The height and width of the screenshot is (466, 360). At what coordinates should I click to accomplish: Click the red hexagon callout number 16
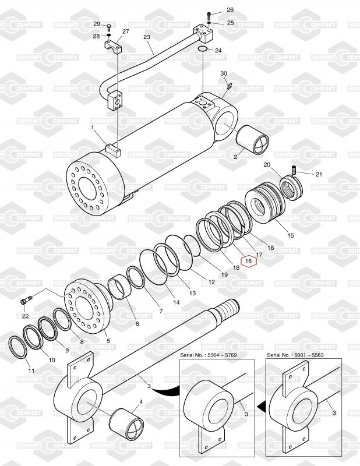[x=249, y=261]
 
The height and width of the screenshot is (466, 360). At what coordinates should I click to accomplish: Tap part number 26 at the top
[x=230, y=10]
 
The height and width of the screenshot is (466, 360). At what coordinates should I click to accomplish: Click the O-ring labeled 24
[x=203, y=48]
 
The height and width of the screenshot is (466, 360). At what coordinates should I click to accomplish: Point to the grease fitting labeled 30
[x=229, y=86]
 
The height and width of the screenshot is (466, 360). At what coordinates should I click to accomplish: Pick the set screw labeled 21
[x=294, y=170]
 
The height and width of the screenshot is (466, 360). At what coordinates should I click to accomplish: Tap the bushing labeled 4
[x=126, y=423]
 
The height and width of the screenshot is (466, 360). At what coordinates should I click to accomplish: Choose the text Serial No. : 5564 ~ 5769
[x=209, y=355]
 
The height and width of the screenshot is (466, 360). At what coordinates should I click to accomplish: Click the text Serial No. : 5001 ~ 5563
[x=295, y=355]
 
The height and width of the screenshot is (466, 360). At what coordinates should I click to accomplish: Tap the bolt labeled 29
[x=108, y=27]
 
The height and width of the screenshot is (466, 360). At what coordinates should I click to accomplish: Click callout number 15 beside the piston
[x=291, y=235]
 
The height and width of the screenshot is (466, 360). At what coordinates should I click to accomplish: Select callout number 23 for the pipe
[x=147, y=37]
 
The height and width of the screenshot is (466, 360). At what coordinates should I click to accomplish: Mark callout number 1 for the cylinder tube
[x=93, y=127]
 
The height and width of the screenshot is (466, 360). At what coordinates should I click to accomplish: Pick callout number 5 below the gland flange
[x=108, y=341]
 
